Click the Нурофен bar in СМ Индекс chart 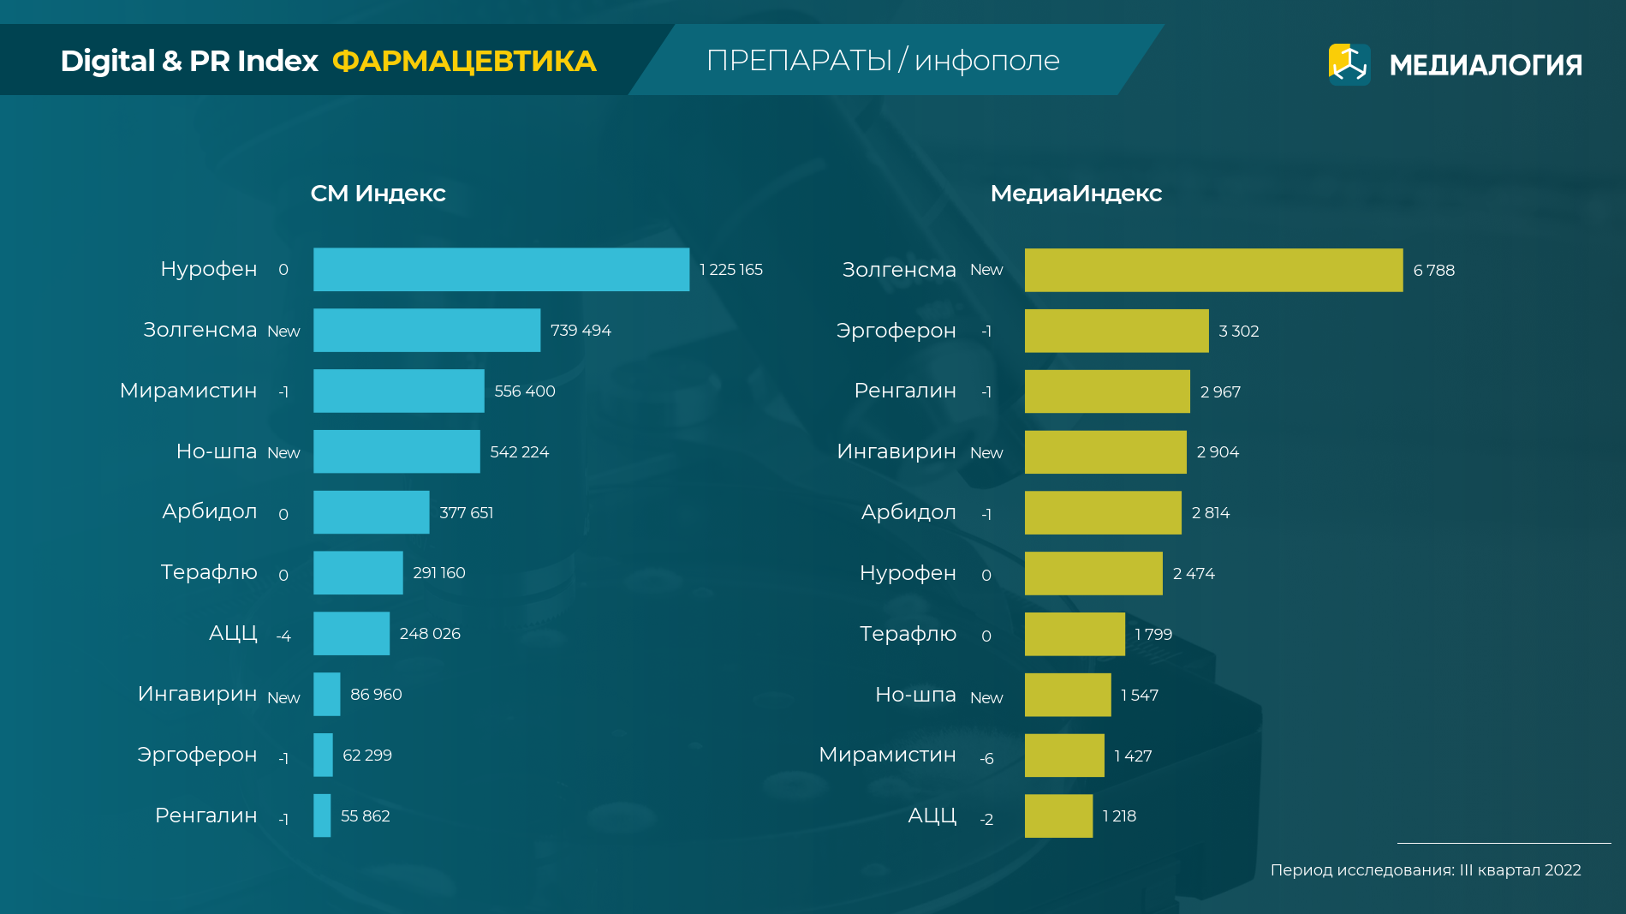pos(501,269)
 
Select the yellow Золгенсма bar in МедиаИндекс pos(1213,270)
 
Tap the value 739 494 pos(581,331)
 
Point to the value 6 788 pos(1433,271)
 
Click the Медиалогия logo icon pos(1349,64)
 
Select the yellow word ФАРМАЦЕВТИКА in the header pos(463,62)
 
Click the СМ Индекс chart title pos(378,194)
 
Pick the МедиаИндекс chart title pos(1075,194)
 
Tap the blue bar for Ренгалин pos(322,815)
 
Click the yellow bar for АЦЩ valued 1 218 pos(1058,815)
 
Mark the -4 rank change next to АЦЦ pos(283,636)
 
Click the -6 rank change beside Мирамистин pos(986,758)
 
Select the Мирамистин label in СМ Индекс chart pos(188,391)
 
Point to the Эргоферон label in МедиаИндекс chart pos(896,331)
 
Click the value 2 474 pos(1194,573)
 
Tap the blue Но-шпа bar pos(396,451)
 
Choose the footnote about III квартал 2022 pos(1425,870)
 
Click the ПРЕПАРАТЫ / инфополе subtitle pos(883,61)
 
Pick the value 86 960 pos(376,695)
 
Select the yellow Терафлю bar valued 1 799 pos(1075,634)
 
